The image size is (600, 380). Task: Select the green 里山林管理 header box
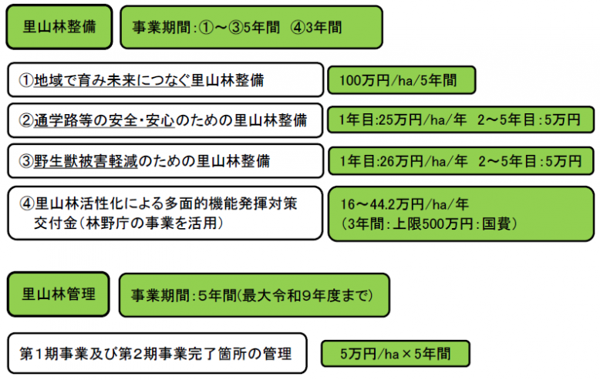(59, 294)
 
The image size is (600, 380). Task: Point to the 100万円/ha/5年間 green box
(400, 80)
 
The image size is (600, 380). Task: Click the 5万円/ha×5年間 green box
(395, 354)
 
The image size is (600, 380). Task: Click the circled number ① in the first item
(25, 80)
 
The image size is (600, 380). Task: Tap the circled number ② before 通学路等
(25, 121)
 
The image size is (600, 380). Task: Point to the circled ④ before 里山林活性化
(25, 203)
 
